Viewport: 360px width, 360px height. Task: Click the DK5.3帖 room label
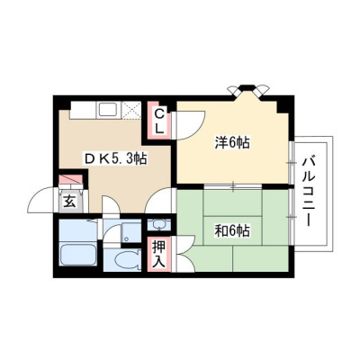click(115, 158)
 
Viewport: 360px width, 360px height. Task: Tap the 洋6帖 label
click(232, 142)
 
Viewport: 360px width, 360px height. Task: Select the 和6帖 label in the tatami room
click(232, 230)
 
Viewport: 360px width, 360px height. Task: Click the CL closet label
click(159, 121)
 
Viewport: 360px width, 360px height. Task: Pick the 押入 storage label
click(158, 254)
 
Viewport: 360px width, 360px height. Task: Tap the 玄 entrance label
click(69, 202)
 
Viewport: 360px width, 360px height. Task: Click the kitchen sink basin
click(109, 110)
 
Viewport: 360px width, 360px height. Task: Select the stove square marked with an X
click(131, 110)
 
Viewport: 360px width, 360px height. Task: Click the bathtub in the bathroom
click(78, 255)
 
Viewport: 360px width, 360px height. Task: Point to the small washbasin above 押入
click(158, 224)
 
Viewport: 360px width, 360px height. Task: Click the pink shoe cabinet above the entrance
click(71, 179)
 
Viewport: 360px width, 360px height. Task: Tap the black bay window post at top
click(248, 88)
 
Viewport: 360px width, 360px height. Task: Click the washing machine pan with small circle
click(131, 232)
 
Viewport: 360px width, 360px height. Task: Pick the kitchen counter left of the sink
click(84, 110)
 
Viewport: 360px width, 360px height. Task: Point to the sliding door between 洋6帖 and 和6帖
click(233, 186)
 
